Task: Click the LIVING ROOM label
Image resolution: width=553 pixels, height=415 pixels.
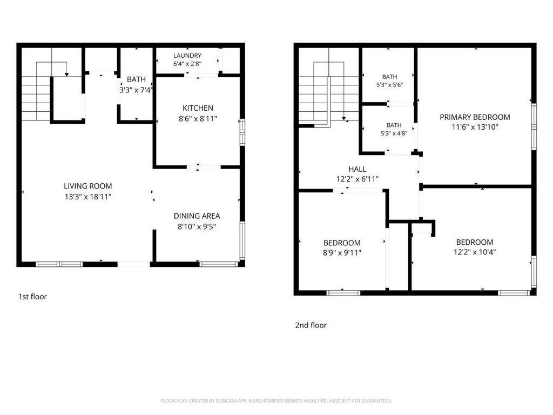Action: click(88, 186)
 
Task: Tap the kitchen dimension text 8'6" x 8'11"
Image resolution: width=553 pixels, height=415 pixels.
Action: click(198, 118)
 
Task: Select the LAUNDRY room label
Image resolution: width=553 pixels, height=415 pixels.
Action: click(187, 56)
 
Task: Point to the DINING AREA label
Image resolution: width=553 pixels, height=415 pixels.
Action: click(197, 216)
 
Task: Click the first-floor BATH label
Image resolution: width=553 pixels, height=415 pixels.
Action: click(136, 79)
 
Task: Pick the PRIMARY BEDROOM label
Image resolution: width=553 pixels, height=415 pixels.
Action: click(475, 117)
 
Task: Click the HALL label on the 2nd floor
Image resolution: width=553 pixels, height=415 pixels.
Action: click(358, 169)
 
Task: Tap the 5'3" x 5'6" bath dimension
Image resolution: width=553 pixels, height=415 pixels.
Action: click(389, 85)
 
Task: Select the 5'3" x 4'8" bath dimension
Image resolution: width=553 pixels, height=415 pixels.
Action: click(394, 133)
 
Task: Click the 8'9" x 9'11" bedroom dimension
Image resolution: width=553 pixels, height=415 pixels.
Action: click(342, 253)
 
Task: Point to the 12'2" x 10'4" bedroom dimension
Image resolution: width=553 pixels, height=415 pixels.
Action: click(475, 252)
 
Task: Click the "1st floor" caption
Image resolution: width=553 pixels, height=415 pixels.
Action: click(32, 297)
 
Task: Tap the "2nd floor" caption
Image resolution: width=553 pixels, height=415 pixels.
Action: click(311, 325)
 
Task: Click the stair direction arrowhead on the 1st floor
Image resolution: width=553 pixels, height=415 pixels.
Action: click(66, 75)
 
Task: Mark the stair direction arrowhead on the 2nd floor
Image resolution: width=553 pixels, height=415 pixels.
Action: click(343, 118)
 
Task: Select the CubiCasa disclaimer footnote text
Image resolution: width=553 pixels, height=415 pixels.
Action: click(276, 401)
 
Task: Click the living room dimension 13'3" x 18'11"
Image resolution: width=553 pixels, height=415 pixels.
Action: click(88, 197)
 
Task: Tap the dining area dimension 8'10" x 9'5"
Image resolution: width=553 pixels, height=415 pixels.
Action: click(197, 226)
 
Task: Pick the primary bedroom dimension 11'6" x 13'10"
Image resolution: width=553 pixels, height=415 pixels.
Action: click(475, 127)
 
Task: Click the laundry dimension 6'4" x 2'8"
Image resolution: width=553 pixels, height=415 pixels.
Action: click(187, 64)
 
